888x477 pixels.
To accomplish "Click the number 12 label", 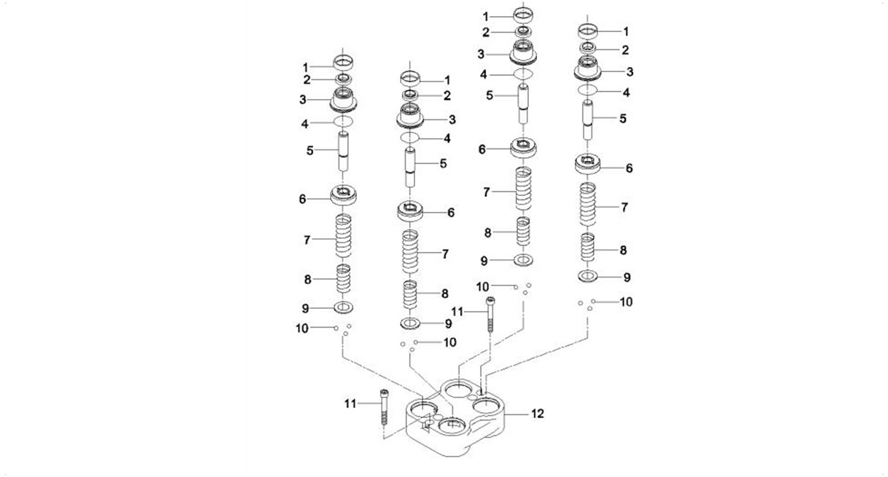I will (538, 414).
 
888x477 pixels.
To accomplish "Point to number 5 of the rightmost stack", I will (622, 117).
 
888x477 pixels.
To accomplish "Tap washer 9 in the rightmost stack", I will (589, 276).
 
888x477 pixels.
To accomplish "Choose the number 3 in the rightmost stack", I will (630, 71).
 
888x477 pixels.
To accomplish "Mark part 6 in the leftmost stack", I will (345, 195).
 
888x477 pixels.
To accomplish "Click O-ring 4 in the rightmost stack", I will (589, 90).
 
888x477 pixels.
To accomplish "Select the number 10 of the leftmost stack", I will (302, 328).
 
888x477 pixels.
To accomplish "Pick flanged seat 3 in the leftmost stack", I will (345, 98).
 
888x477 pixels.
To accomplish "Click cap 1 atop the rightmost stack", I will (589, 31).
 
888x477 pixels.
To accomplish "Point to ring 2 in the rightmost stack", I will (589, 48).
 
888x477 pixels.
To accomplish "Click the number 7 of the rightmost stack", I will (624, 207).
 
